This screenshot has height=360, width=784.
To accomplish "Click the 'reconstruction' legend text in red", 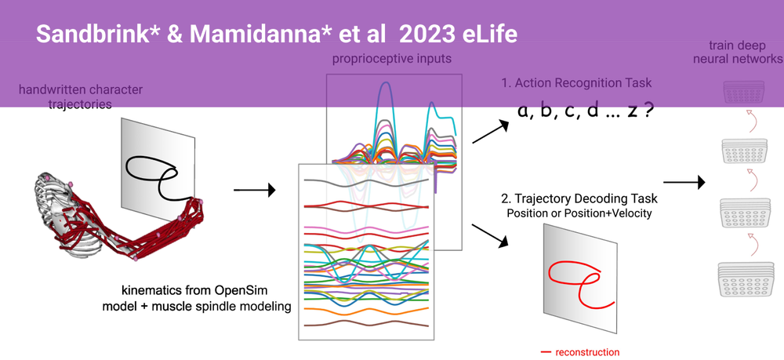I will click(586, 352).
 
